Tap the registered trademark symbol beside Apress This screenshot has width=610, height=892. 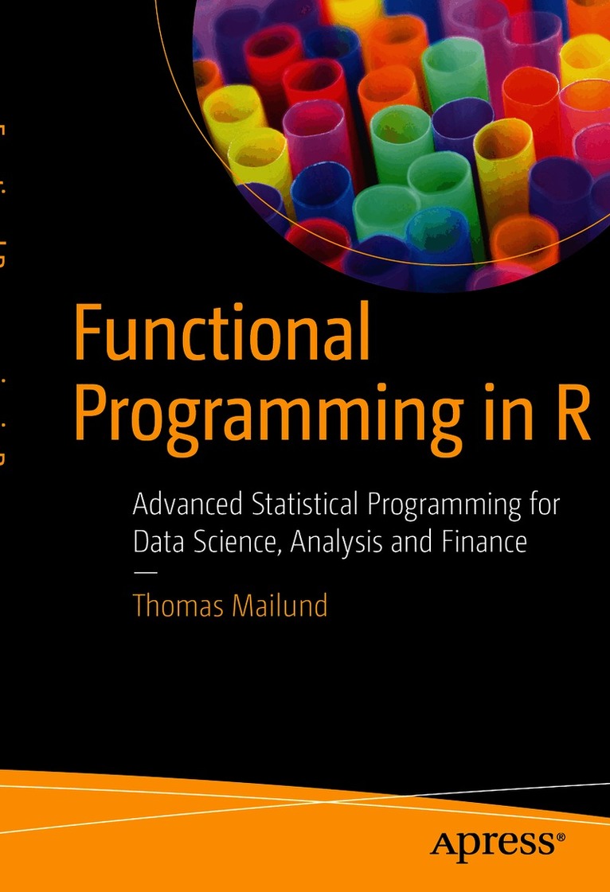pyautogui.click(x=561, y=836)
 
